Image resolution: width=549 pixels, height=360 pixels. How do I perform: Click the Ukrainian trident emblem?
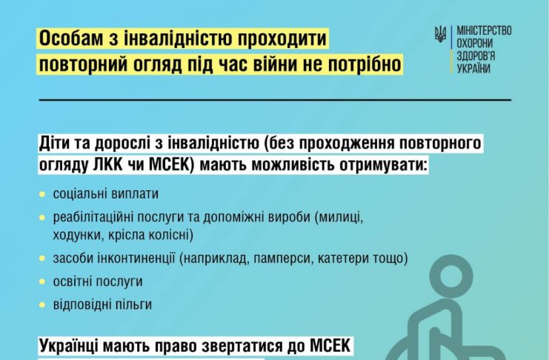point(440,34)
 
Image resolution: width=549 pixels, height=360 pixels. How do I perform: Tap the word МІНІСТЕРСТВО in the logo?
point(484,31)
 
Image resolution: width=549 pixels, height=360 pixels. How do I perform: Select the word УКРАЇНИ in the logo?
point(473,68)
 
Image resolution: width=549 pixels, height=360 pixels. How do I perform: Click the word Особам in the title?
point(70,39)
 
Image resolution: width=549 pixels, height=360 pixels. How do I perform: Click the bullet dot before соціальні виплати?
point(42,194)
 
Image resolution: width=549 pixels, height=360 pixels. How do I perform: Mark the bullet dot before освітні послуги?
point(42,282)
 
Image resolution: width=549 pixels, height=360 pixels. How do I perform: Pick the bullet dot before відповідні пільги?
point(42,304)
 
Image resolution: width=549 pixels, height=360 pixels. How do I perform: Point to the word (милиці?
point(339,218)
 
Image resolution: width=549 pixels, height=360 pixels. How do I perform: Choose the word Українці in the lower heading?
point(66,346)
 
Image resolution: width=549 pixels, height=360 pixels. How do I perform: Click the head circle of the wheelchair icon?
point(451,276)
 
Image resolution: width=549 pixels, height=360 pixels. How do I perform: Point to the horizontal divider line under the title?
point(275,100)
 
